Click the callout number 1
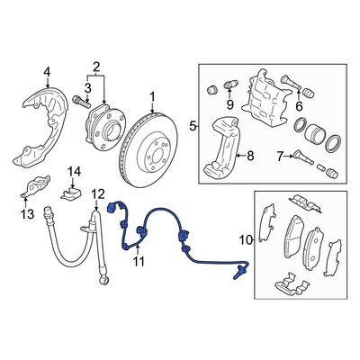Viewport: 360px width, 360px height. click(x=153, y=96)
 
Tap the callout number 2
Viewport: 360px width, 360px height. click(x=94, y=67)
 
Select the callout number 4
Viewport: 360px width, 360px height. click(x=48, y=72)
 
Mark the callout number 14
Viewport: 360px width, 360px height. click(x=76, y=171)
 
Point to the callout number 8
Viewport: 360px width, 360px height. click(x=250, y=156)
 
